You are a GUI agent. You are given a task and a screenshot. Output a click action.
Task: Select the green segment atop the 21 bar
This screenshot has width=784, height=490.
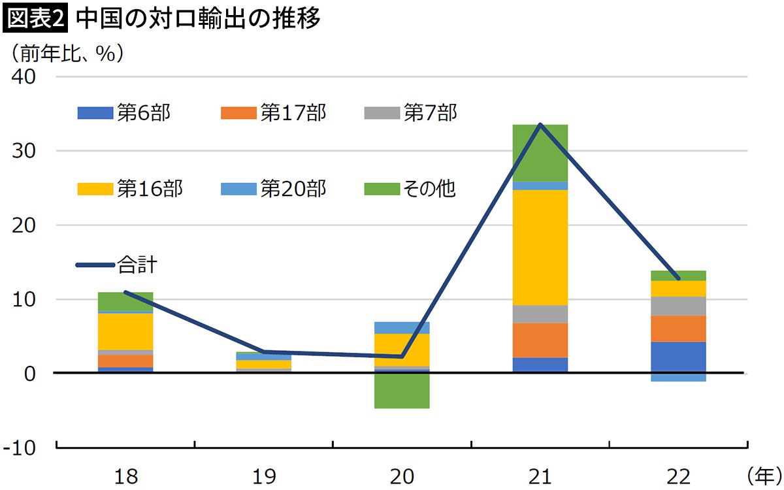click(540, 152)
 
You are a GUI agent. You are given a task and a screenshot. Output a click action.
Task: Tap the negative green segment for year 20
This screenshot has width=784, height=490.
click(402, 390)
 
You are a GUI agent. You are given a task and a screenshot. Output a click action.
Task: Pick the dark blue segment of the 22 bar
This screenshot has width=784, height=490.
click(678, 357)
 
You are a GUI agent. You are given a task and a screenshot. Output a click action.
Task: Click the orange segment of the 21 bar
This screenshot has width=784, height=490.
click(540, 340)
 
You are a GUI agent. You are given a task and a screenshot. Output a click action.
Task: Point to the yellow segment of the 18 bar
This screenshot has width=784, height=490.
click(125, 331)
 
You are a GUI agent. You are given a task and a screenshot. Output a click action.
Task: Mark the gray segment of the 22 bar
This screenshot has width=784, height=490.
click(678, 306)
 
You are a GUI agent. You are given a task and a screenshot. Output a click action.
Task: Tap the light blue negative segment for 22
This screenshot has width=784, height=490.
click(678, 377)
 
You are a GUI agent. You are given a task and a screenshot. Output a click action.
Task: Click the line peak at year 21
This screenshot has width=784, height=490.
click(540, 124)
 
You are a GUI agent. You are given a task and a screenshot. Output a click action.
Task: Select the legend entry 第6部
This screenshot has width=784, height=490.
click(124, 113)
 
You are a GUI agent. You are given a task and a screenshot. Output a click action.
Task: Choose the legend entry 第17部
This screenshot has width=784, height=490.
click(274, 113)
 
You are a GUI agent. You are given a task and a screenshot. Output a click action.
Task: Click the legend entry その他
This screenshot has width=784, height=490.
click(411, 189)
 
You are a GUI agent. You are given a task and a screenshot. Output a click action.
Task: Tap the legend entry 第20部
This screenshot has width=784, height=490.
click(274, 189)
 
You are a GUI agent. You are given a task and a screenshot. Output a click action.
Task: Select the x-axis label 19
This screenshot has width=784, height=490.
click(264, 476)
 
